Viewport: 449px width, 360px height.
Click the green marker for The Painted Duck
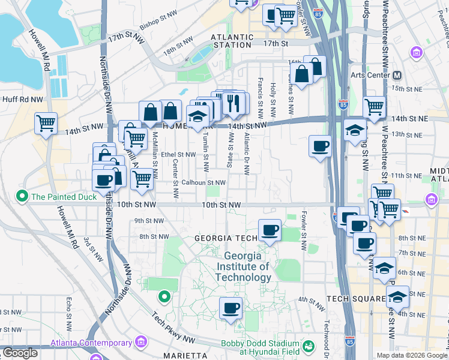23,196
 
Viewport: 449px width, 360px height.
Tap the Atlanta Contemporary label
91,343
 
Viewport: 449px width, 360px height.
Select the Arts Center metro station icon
396,75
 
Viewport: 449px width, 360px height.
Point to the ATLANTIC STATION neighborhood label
231,41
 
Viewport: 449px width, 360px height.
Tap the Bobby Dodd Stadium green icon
308,346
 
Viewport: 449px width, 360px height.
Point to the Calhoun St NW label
203,182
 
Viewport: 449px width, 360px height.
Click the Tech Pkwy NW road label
173,327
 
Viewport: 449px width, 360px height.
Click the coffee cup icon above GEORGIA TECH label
270,230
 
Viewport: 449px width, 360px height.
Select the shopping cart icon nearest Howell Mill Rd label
46,124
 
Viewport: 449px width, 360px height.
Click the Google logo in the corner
19,353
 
